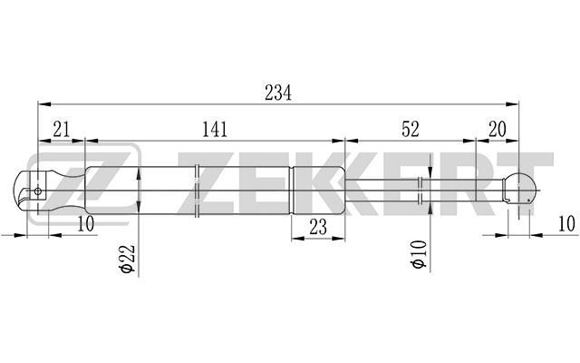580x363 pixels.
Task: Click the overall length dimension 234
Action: tap(278, 93)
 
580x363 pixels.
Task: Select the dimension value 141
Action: tap(215, 130)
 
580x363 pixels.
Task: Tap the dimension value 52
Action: tap(411, 129)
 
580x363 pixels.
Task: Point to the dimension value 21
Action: tap(62, 130)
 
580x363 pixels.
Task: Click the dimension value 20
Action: tap(498, 129)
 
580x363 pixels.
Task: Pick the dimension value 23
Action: tap(318, 227)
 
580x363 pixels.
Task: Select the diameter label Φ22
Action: tap(128, 259)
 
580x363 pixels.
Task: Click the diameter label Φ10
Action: tap(419, 254)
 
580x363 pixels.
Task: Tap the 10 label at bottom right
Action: tap(566, 224)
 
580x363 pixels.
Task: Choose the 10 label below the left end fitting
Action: tap(86, 224)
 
